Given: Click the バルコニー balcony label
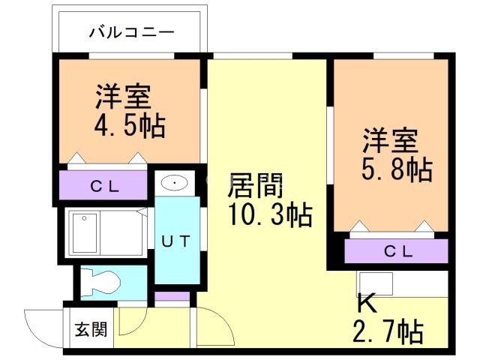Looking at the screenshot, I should tap(130, 32).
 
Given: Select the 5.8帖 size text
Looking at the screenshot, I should tap(397, 169).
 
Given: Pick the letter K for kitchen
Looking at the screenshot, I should tap(365, 303).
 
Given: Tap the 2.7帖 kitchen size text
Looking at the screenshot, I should tap(387, 329).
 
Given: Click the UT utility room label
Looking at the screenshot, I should tap(177, 241).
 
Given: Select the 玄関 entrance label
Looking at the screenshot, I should tap(90, 330).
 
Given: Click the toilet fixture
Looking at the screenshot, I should tap(101, 282).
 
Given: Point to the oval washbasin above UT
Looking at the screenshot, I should tap(175, 183).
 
